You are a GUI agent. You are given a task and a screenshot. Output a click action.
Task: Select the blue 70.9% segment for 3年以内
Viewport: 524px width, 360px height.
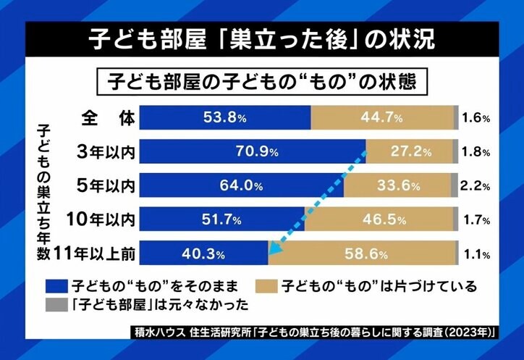click(253, 151)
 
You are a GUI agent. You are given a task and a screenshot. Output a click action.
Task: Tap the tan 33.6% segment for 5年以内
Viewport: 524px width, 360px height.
click(397, 185)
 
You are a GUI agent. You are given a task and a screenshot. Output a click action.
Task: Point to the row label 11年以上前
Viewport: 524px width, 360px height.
click(98, 254)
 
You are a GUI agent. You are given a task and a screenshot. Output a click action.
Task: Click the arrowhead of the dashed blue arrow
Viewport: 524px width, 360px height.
click(271, 251)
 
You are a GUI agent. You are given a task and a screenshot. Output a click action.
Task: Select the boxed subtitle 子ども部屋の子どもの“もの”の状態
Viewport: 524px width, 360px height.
click(262, 79)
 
